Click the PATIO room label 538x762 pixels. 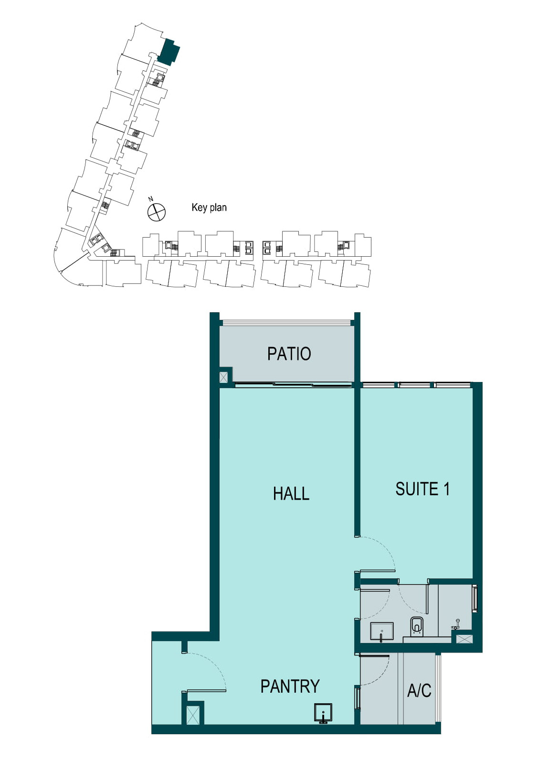(289, 354)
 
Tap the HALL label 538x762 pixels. (291, 494)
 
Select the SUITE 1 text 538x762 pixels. (422, 489)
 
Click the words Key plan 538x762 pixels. (209, 207)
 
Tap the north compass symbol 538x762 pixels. (157, 212)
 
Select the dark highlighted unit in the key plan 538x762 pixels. (169, 52)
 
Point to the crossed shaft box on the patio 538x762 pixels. (223, 377)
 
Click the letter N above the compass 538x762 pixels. (151, 199)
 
